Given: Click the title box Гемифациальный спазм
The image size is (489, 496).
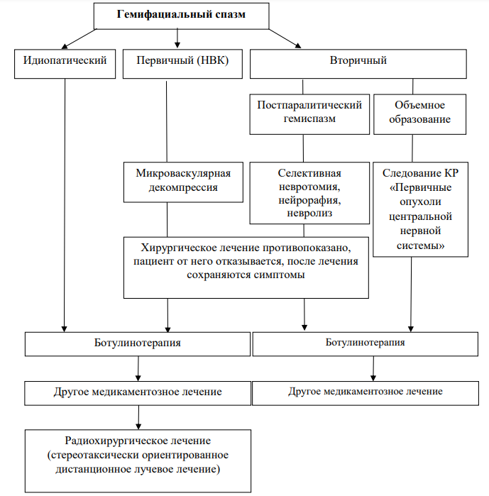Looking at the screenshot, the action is [x=181, y=16].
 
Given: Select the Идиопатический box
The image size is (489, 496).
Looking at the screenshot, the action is [x=65, y=64].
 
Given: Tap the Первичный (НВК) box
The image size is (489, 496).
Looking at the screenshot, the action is [x=182, y=64].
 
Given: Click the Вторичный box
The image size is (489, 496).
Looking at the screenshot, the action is [x=358, y=64].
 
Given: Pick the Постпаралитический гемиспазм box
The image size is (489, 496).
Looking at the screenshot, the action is [x=309, y=114].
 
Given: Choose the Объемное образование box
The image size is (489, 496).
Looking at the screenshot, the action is [x=419, y=114].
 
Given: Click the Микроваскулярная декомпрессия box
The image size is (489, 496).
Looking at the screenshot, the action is [x=183, y=182].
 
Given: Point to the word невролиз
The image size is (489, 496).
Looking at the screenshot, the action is [x=309, y=213].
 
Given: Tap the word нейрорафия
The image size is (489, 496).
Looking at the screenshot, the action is [x=309, y=200].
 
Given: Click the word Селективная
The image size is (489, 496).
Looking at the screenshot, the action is [x=309, y=173].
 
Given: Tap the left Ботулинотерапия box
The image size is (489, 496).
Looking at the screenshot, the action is [x=138, y=344].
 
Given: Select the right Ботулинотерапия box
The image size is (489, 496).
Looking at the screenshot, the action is [x=366, y=344].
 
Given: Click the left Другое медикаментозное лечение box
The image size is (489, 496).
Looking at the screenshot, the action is [x=138, y=393].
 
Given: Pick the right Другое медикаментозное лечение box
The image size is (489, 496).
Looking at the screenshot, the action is [x=366, y=393].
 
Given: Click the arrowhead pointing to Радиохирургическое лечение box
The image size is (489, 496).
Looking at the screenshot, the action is [x=138, y=426].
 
